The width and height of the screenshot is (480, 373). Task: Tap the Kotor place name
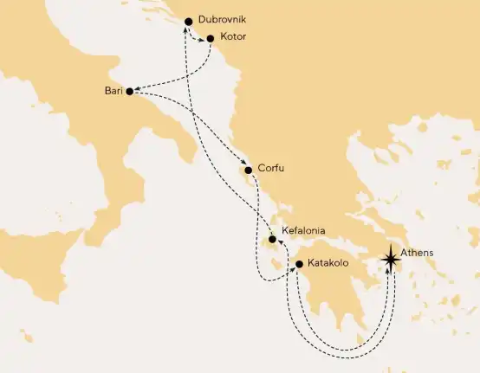(232, 39)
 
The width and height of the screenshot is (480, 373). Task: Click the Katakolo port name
(329, 264)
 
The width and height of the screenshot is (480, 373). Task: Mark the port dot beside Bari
(130, 91)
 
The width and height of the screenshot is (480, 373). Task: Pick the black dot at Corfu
(249, 170)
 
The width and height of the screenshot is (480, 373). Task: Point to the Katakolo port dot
(297, 264)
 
